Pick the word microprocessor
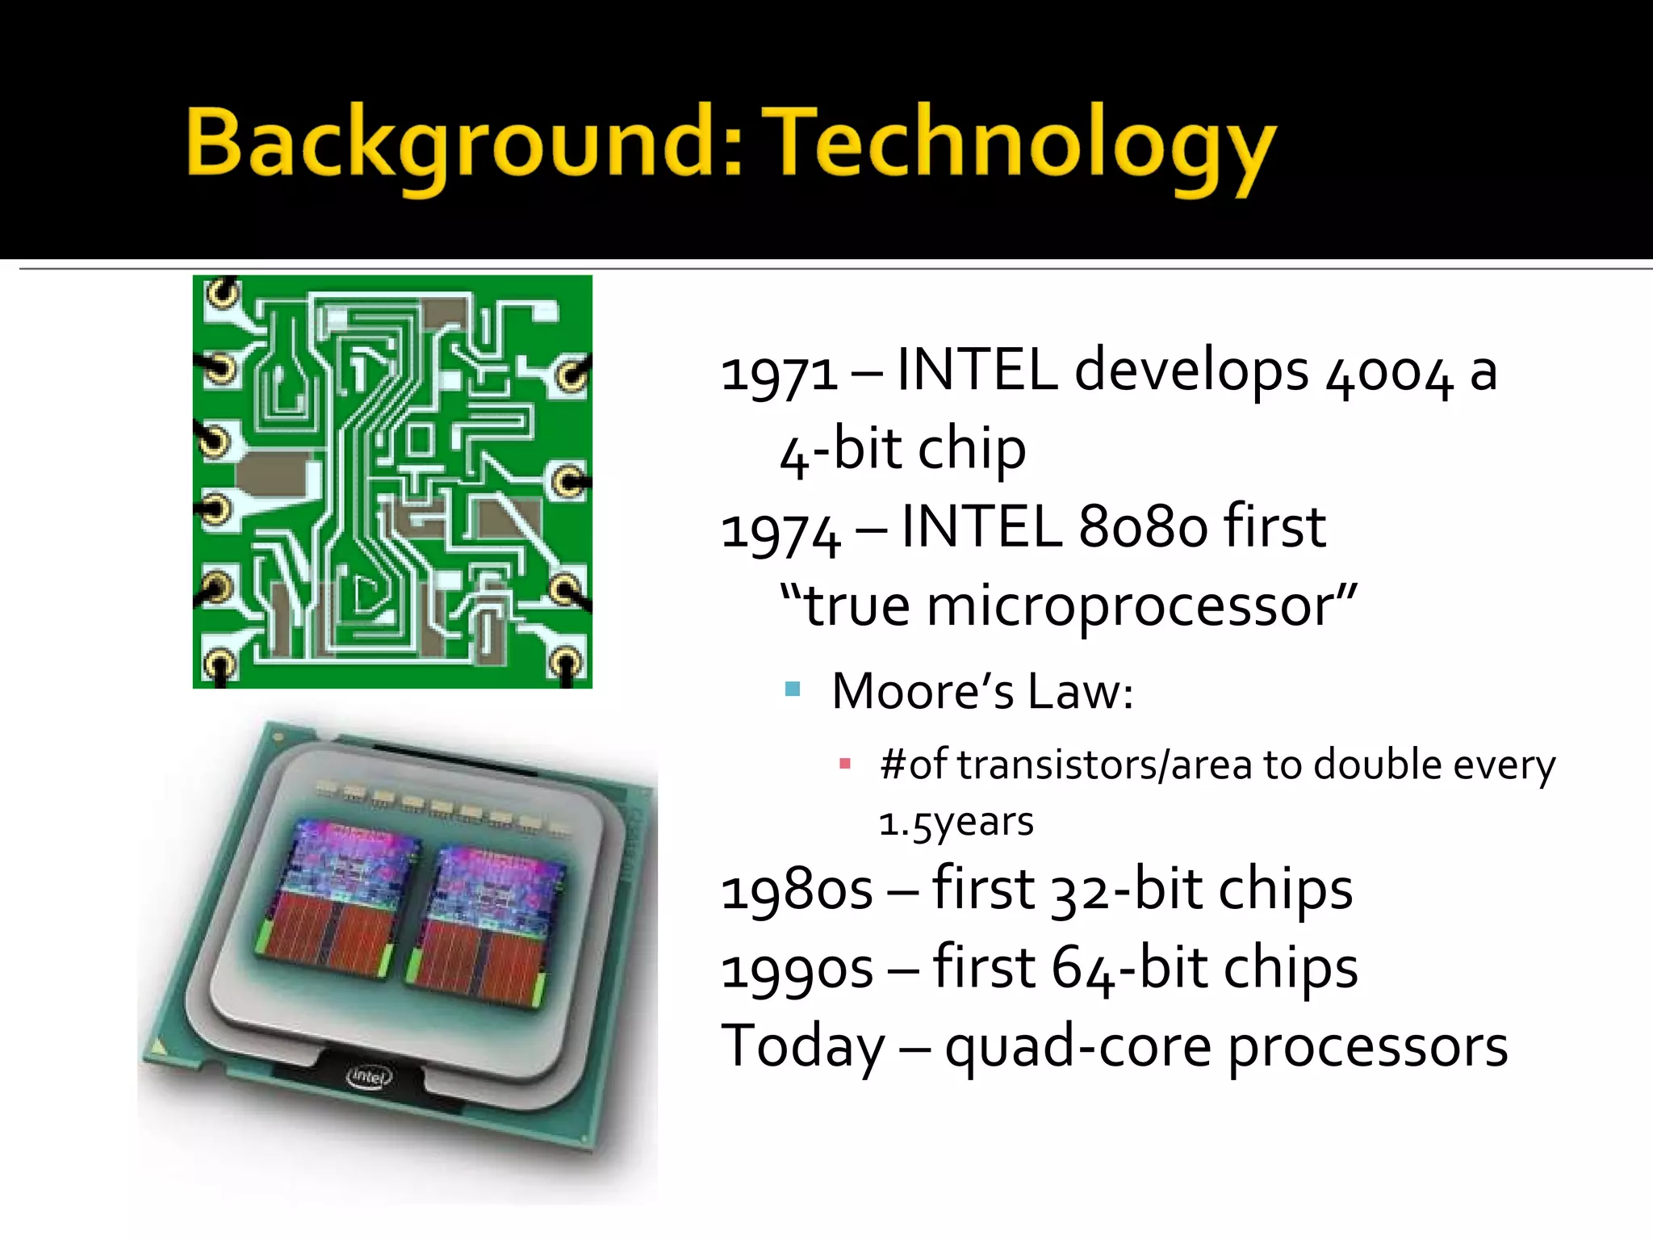click(1130, 607)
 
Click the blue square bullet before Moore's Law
click(793, 689)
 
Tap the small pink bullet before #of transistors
click(845, 764)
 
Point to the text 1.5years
click(956, 823)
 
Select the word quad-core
click(1078, 1049)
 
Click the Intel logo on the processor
click(369, 1077)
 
